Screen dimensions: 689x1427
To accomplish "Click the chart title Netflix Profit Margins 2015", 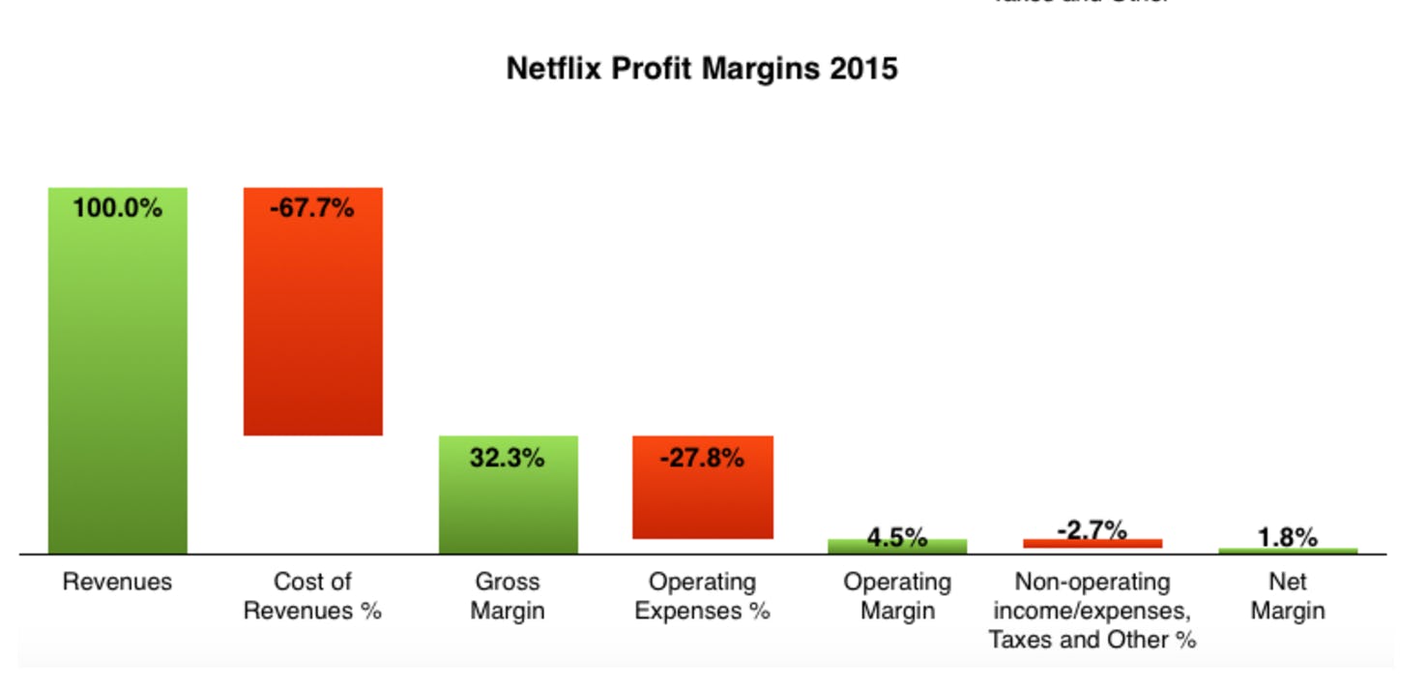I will click(x=702, y=69).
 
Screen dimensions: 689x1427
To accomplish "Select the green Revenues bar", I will click(x=118, y=387).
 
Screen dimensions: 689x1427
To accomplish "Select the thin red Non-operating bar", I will click(x=1092, y=544).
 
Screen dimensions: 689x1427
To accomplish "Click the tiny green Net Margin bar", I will click(x=1288, y=551).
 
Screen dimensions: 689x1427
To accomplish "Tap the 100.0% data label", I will click(x=118, y=208).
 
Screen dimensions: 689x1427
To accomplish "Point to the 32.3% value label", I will click(x=508, y=458).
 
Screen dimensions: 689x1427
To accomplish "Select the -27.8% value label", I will click(x=702, y=458).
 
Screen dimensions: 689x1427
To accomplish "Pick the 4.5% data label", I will click(x=897, y=537).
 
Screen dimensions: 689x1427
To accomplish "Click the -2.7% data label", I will click(x=1092, y=530).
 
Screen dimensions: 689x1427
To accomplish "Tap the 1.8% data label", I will click(x=1288, y=537).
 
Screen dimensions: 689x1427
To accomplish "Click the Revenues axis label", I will click(x=117, y=583).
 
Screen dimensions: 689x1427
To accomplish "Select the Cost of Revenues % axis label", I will click(x=312, y=597).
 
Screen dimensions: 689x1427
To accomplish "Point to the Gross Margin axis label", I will click(x=508, y=597).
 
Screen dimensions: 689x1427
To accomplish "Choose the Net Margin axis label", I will click(x=1288, y=597).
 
